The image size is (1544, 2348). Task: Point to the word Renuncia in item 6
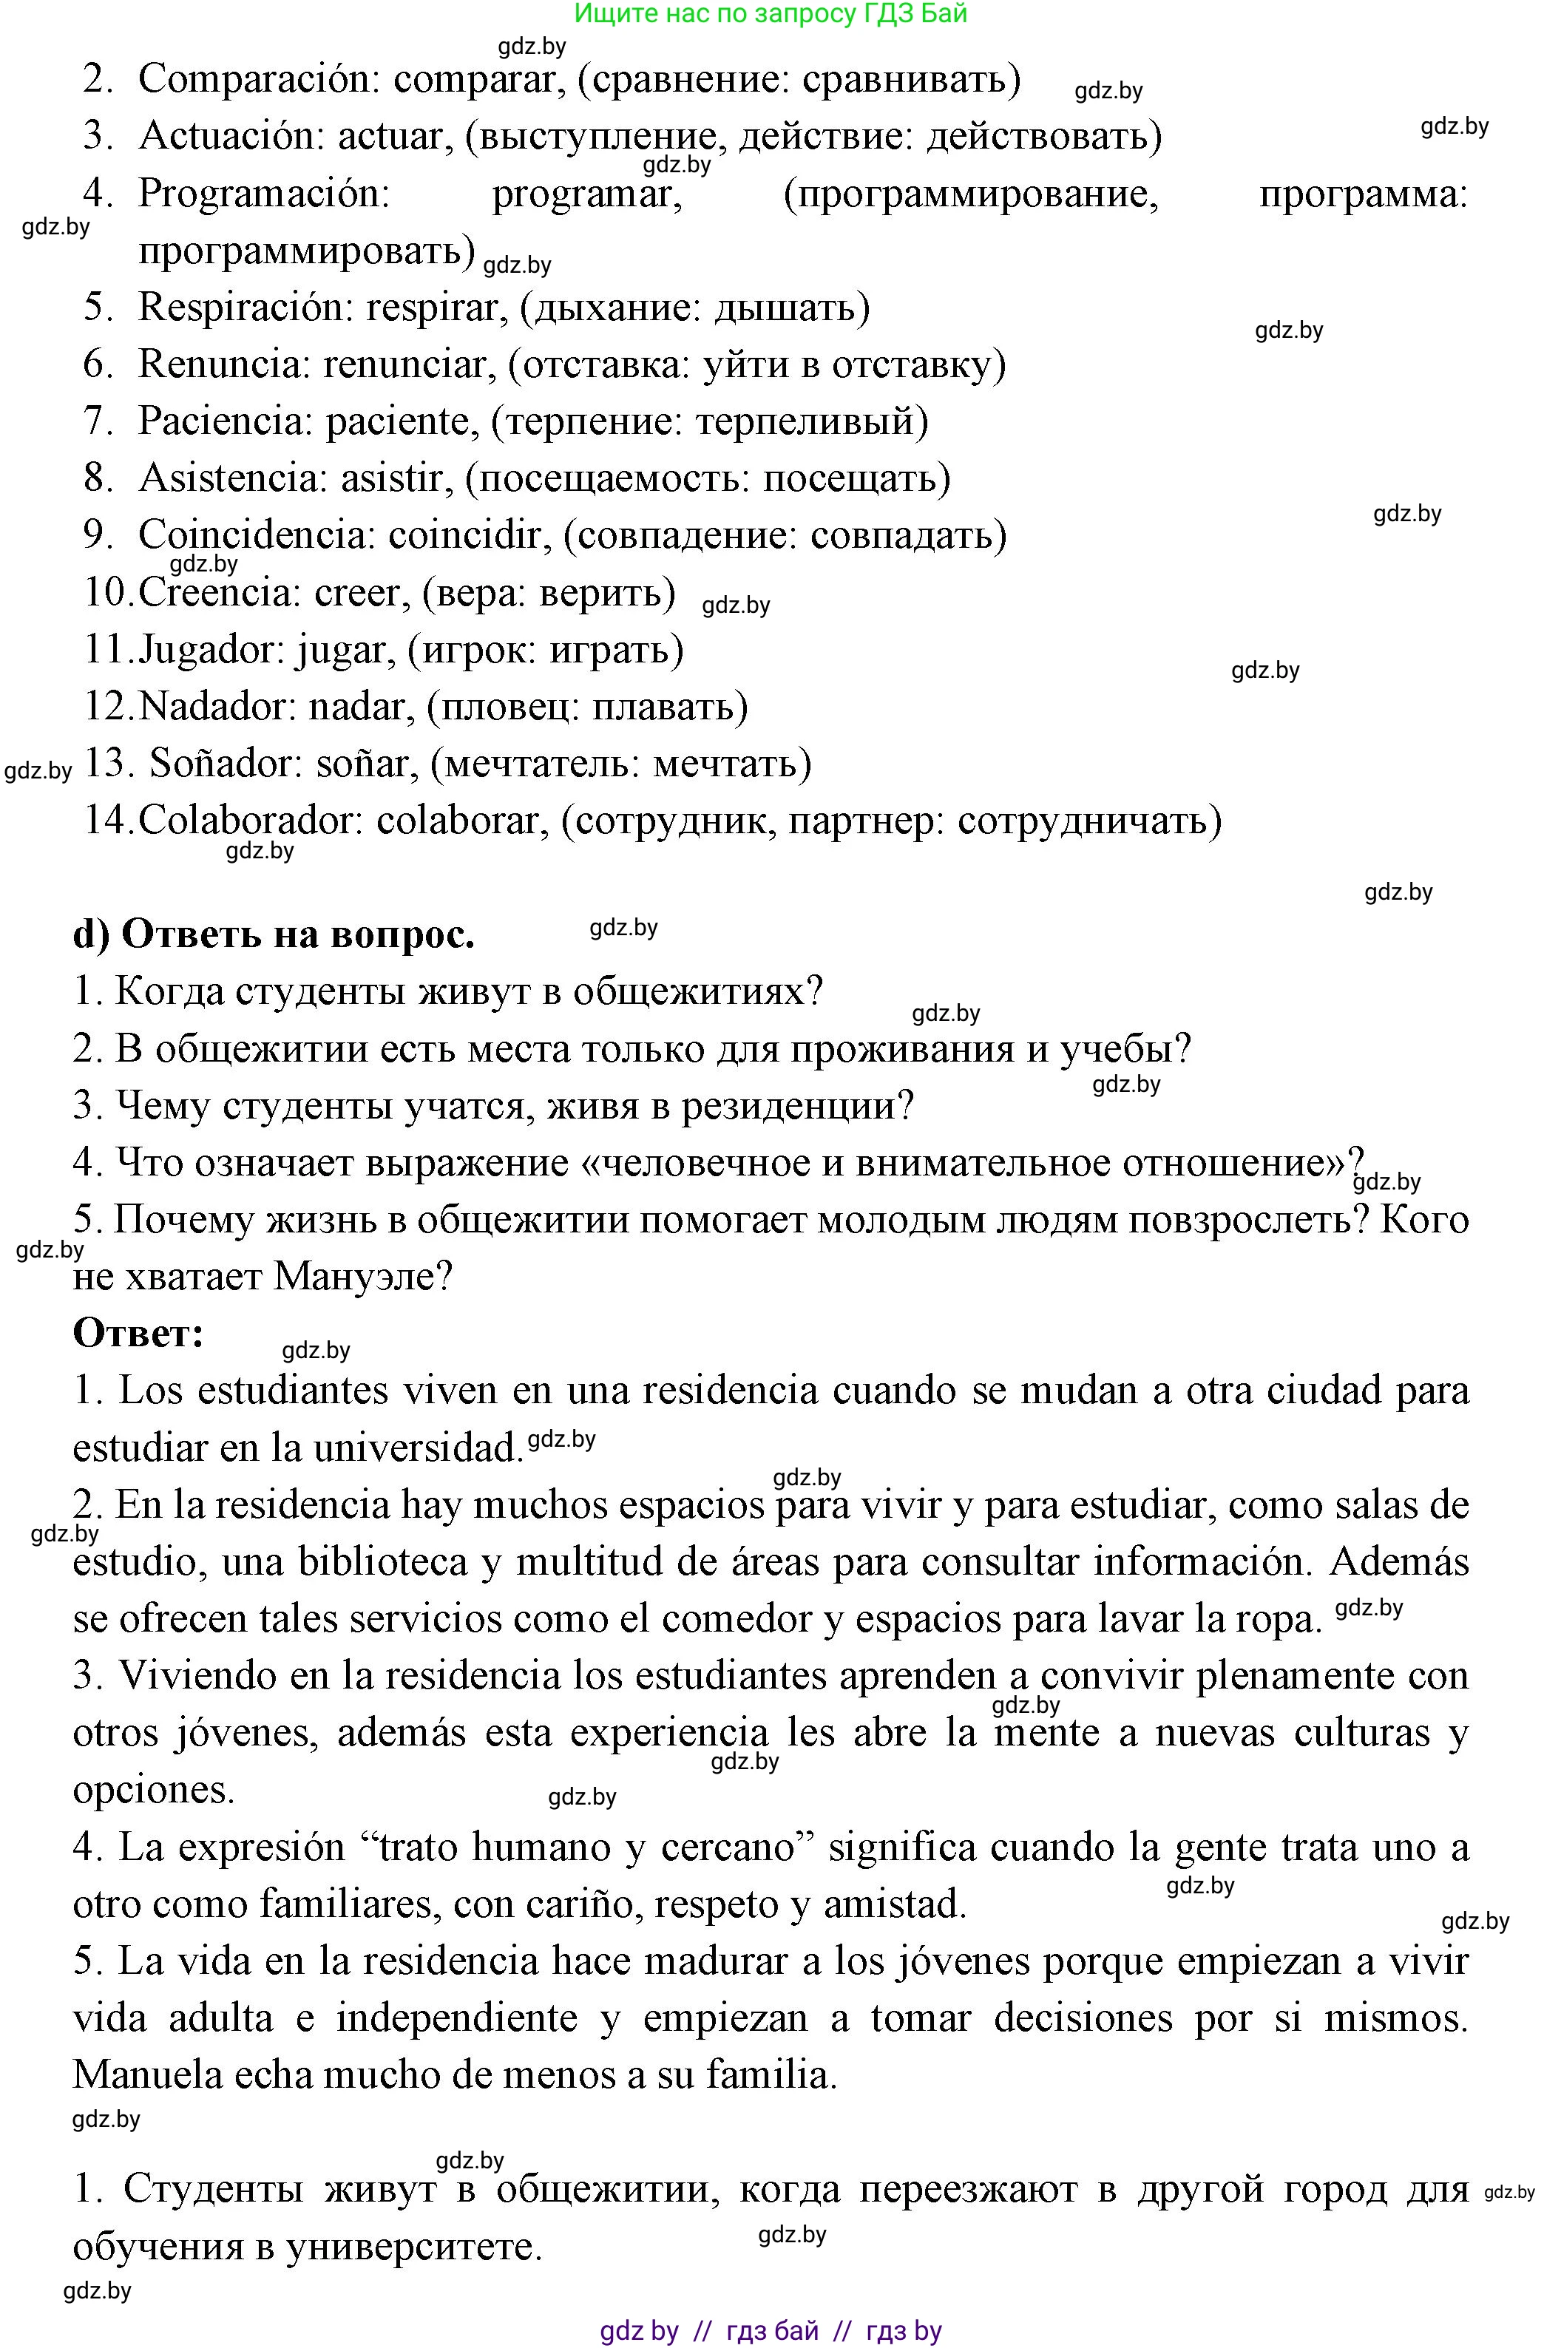[224, 365]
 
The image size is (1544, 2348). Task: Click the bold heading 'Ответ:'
[138, 1333]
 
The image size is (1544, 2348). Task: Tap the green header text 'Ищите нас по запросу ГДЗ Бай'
[771, 14]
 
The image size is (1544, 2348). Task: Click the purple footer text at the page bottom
[771, 2331]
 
